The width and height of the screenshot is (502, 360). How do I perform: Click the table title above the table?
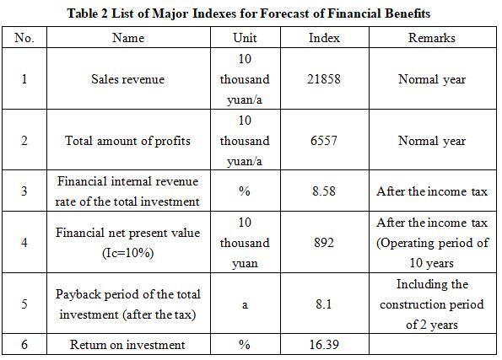[249, 13]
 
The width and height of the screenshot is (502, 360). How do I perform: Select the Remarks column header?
[432, 38]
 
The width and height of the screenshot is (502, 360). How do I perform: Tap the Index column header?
[324, 38]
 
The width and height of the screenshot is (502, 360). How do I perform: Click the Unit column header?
[245, 38]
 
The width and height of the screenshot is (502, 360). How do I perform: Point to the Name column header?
[128, 38]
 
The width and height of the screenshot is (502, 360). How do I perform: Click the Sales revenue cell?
[127, 79]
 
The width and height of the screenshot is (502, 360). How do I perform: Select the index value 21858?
[324, 79]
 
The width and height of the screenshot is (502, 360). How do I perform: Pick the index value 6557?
[324, 141]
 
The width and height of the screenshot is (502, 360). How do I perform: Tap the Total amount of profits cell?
[127, 141]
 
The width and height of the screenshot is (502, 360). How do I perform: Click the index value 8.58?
[324, 191]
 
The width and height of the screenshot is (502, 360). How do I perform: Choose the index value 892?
[324, 242]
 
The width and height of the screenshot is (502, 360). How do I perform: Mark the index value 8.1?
[324, 304]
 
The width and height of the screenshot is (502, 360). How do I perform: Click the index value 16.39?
[324, 345]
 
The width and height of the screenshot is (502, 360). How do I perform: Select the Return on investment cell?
[127, 345]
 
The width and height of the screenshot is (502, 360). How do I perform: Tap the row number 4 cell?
[24, 242]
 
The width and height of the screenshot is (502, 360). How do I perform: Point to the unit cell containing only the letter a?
[245, 304]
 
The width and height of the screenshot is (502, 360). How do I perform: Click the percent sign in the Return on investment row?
[245, 345]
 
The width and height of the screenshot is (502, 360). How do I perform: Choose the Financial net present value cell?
[127, 243]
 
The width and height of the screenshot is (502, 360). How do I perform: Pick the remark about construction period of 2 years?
[432, 304]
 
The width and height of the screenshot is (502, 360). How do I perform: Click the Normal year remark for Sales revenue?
[432, 79]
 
